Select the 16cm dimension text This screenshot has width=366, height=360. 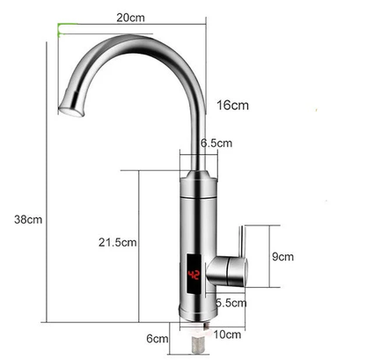(231, 106)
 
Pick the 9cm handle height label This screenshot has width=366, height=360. (282, 257)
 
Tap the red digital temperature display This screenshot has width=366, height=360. (194, 277)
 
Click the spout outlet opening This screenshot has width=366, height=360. (70, 111)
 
